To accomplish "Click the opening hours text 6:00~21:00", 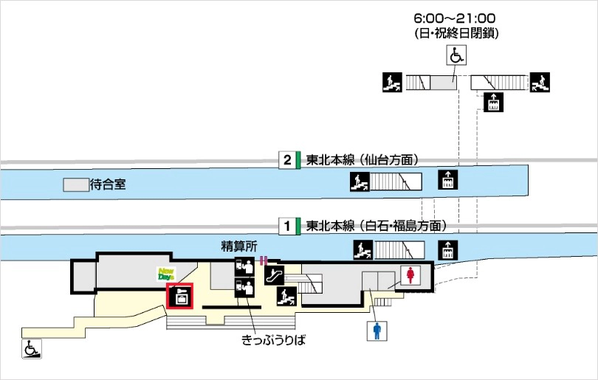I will pos(455,18).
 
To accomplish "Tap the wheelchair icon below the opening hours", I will pos(456,55).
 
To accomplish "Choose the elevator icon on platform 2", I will pos(447,180).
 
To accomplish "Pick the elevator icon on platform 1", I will pos(447,249).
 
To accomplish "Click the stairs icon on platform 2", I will pos(359,181).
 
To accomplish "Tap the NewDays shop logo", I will pos(166,274).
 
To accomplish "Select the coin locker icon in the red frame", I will pos(179,297).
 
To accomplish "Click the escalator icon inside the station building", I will pos(274,275).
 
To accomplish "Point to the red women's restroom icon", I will pos(410,275).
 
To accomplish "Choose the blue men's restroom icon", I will pos(377,331).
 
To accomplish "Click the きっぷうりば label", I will pos(274,341).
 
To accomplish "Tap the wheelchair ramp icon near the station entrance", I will pos(32,348).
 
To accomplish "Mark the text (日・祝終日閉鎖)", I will pos(455,33).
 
